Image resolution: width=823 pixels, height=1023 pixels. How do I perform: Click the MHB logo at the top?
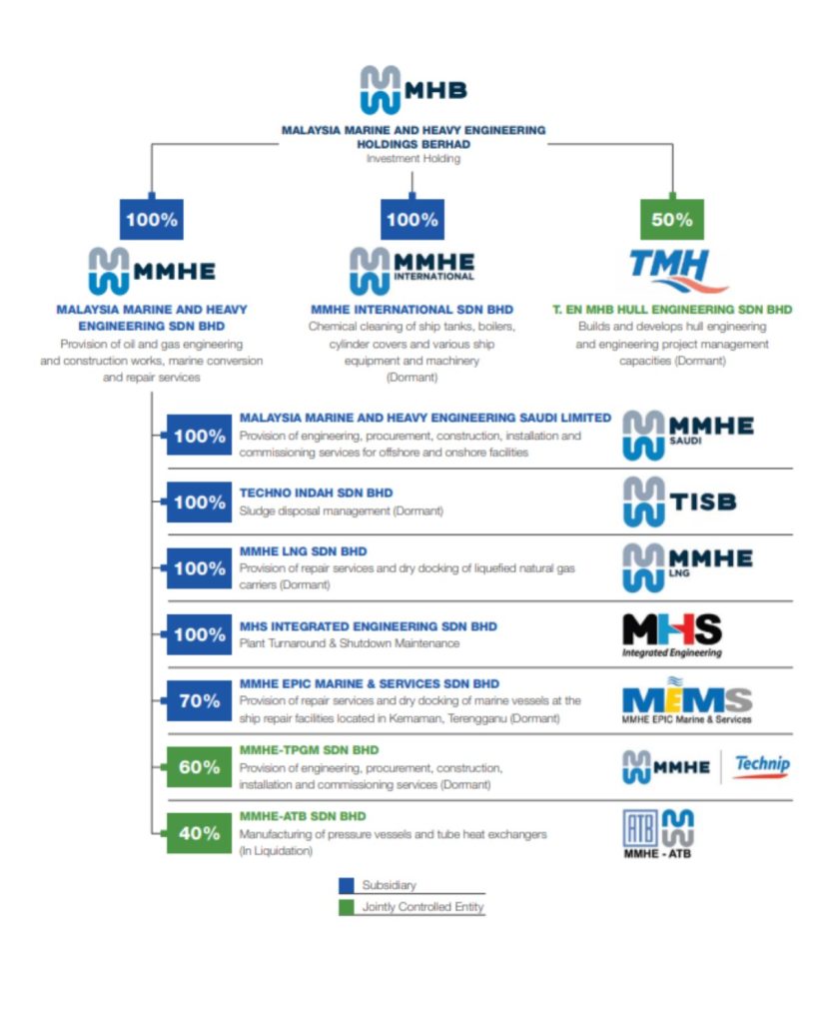pos(412,89)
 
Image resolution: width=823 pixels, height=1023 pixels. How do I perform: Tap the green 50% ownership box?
pos(671,219)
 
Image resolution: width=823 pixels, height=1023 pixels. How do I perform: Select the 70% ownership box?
pos(199,701)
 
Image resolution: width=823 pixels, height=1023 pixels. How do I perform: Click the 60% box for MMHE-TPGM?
pos(199,767)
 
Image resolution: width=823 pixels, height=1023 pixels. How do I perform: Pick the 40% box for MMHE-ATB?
pos(199,833)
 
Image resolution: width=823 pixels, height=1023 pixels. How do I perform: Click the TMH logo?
pos(671,269)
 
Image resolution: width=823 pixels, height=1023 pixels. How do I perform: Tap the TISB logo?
pos(679,502)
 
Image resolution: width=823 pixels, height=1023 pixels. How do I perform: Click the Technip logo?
pos(761,766)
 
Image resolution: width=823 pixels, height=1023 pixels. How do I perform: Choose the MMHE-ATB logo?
pos(658,833)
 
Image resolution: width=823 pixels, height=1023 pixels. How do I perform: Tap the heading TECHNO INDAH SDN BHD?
pos(316,493)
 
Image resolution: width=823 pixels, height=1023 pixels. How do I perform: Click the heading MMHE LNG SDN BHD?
pos(303,551)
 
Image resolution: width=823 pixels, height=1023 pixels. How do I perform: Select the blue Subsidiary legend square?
pos(347,885)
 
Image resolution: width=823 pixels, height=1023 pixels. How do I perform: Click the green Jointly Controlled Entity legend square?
pos(347,907)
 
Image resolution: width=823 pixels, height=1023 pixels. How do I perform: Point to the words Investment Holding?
pos(412,158)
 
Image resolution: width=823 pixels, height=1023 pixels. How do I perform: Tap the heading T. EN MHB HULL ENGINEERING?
pos(671,310)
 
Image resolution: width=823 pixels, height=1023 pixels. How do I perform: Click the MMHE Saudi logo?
pos(687,436)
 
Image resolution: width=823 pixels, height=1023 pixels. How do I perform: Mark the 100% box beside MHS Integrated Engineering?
pos(199,634)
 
